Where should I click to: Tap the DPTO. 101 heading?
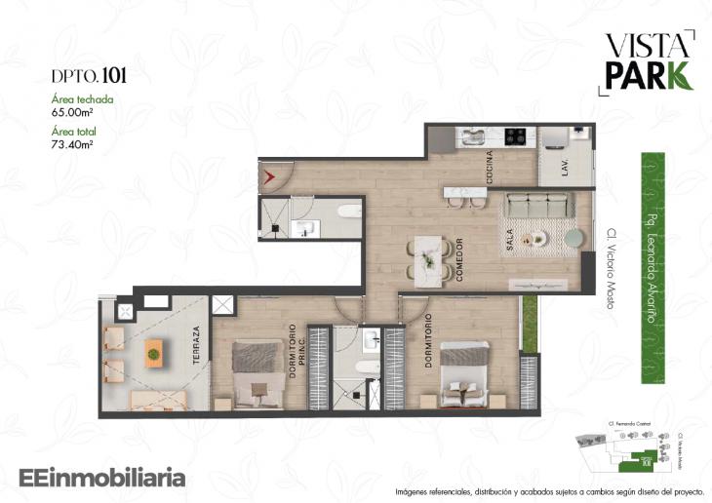tap(90, 74)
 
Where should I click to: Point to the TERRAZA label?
tap(196, 344)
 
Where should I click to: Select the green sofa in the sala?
tap(537, 207)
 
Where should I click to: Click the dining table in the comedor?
tap(427, 260)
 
